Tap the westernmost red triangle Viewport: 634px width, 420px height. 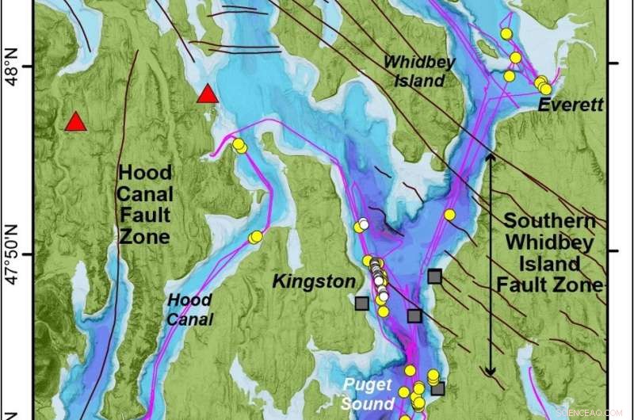75,122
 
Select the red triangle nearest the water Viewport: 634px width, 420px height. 208,94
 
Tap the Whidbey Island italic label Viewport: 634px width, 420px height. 414,70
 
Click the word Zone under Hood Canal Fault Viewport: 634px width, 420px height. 143,236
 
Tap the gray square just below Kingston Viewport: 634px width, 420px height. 362,303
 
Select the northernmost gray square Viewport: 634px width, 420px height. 434,276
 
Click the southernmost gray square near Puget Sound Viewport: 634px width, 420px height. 437,388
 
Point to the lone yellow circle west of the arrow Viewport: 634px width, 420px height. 449,215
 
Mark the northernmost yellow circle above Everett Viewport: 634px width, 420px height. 506,33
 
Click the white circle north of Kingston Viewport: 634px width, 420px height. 364,223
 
